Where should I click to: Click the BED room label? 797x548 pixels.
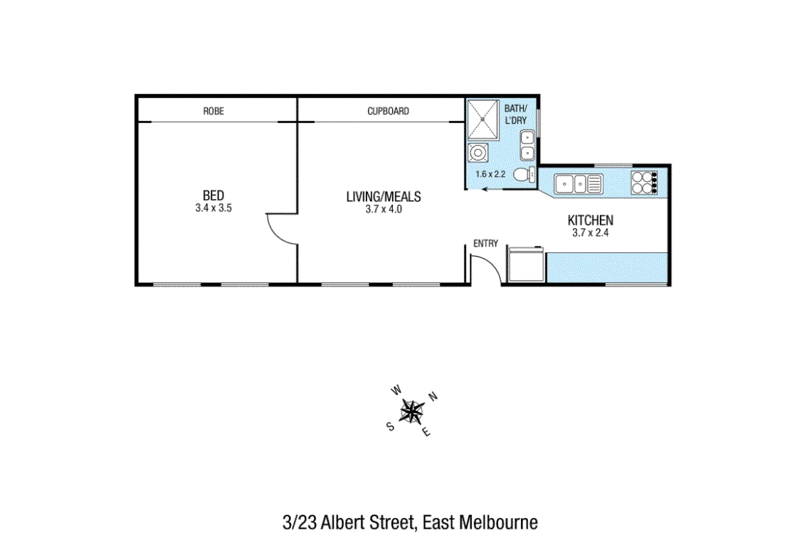coord(213,195)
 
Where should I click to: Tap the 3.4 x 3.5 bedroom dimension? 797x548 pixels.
coord(213,208)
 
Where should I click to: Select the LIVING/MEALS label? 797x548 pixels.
coord(384,197)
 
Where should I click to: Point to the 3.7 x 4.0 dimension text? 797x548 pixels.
coord(384,209)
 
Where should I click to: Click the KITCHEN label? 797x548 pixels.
coord(591,220)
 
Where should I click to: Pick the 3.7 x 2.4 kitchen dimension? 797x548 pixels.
coord(591,232)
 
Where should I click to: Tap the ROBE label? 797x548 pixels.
coord(213,111)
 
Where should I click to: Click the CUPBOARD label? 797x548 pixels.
coord(389,111)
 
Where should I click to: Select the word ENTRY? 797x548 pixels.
coord(486,244)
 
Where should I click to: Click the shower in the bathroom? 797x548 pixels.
coord(483,119)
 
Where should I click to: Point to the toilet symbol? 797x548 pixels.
coord(524,175)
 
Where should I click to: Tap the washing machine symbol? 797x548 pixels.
coord(477,152)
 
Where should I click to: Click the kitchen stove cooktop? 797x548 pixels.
coord(645,183)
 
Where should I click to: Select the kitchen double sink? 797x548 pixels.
coord(579,184)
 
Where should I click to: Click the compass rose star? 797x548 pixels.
coord(412,412)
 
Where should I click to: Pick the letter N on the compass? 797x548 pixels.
coord(433,397)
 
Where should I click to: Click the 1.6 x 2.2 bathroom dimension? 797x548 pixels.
coord(490,174)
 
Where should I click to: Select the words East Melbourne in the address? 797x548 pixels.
coord(480,522)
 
